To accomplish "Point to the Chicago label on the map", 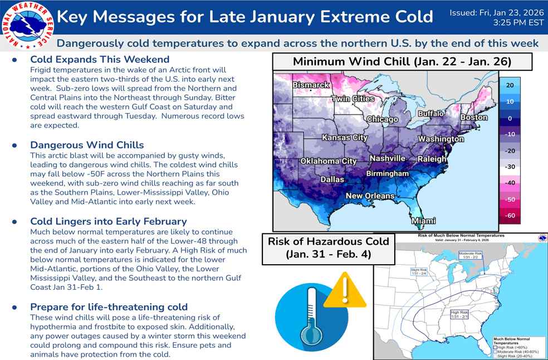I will pyautogui.click(x=382, y=119).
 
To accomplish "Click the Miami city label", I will pyautogui.click(x=423, y=221).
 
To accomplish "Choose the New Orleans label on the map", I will pyautogui.click(x=370, y=196).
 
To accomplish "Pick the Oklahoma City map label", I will pyautogui.click(x=328, y=161).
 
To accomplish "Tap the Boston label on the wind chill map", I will pyautogui.click(x=473, y=118).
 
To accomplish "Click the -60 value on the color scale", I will pyautogui.click(x=509, y=215).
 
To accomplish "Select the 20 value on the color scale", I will pyautogui.click(x=509, y=86).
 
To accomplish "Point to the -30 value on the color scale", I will pyautogui.click(x=509, y=167).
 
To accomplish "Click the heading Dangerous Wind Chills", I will pyautogui.click(x=87, y=145).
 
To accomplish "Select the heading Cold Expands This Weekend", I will pyautogui.click(x=100, y=59).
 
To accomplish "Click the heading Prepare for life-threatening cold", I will pyautogui.click(x=109, y=307).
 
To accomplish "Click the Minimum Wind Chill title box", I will pyautogui.click(x=402, y=61).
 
